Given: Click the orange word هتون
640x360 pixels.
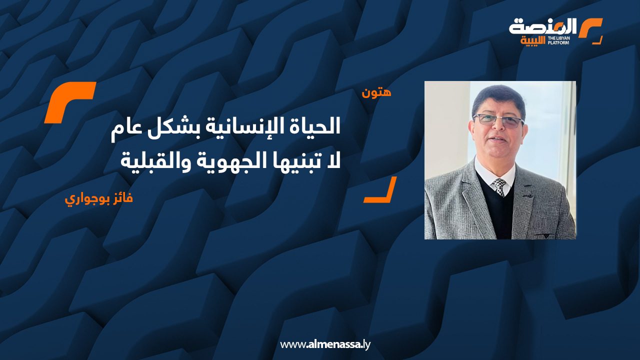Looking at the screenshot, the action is [376, 92].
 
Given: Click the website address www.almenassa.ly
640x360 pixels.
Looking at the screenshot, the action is [325, 344].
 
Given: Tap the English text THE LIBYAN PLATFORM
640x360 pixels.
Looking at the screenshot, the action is [558, 40].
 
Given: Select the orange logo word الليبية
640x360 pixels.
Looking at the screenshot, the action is [533, 41].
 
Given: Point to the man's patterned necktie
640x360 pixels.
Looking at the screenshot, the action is [499, 187].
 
